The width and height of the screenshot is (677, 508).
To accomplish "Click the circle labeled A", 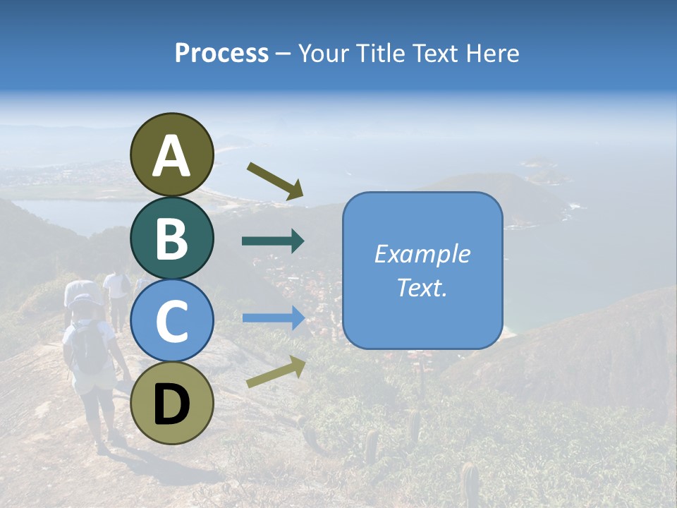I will [x=172, y=155].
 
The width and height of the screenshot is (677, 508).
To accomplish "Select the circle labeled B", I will [x=172, y=238].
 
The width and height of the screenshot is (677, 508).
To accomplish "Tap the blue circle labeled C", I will [x=172, y=320].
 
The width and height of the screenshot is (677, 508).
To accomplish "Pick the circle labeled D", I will [x=172, y=403].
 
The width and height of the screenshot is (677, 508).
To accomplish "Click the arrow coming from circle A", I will [x=275, y=179].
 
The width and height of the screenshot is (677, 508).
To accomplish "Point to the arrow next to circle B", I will [x=273, y=241].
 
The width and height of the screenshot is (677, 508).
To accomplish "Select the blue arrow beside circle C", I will [x=273, y=317].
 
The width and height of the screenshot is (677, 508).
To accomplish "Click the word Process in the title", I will [x=221, y=53].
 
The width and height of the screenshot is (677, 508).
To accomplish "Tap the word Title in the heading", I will [x=379, y=53].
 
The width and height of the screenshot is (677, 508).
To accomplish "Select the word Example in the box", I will [x=422, y=254].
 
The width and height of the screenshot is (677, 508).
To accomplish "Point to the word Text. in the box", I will [x=422, y=288].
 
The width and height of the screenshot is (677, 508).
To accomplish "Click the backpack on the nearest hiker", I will [x=89, y=348].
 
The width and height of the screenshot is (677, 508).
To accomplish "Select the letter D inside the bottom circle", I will [x=172, y=404].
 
